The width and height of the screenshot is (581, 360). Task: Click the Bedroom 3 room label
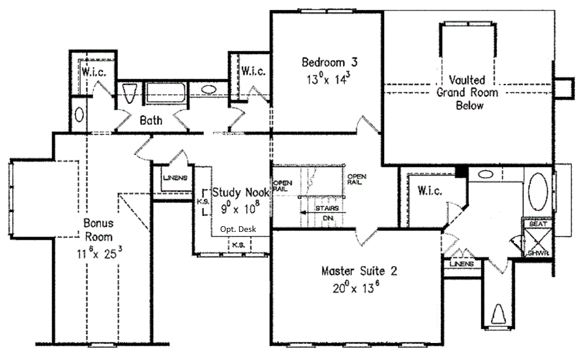pos(330,62)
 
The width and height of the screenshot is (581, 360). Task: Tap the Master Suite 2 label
pos(359,271)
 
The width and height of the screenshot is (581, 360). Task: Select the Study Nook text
pos(241,193)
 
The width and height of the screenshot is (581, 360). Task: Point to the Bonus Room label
pos(99,230)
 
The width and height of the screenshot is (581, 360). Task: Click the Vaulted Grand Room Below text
pos(468,92)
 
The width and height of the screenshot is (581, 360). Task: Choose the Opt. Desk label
pos(238,229)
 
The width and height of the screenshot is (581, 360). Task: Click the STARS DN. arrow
pos(323,213)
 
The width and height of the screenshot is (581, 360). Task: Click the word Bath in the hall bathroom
pos(151,120)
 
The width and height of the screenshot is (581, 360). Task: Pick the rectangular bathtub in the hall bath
pos(165,92)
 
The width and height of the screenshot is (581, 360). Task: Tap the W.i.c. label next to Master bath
pos(430,191)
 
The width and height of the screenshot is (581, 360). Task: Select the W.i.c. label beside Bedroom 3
pos(254,71)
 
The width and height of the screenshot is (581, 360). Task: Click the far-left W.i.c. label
pos(94,71)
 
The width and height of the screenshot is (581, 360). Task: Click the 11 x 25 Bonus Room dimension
pos(99,253)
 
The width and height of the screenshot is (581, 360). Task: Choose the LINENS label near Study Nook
pos(175,178)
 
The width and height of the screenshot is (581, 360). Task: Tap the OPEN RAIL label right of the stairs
pos(357,179)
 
